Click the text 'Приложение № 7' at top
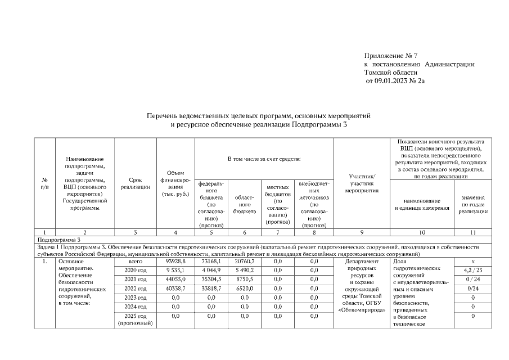pos(391,56)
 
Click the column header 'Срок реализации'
pos(135,184)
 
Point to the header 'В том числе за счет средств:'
pos(264,159)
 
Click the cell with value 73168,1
pos(211,262)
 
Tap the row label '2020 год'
pos(135,270)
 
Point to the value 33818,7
pos(211,288)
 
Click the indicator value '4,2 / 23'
pos(472,270)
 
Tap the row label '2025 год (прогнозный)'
pos(135,319)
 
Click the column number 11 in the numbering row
pos(472,232)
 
